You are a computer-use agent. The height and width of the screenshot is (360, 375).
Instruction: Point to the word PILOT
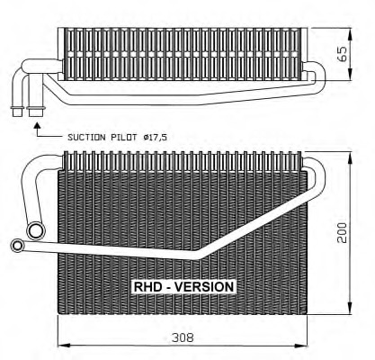(128, 137)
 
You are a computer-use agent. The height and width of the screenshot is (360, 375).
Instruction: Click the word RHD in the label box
(147, 286)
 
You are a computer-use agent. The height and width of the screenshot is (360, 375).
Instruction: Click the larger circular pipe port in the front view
(35, 231)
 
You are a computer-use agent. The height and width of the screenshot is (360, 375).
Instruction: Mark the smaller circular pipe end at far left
(17, 244)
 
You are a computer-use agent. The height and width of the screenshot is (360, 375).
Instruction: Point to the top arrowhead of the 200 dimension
(350, 156)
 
